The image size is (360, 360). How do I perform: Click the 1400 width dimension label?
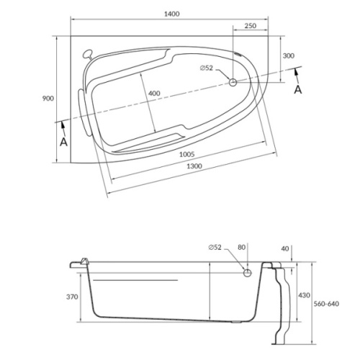pyautogui.click(x=171, y=14)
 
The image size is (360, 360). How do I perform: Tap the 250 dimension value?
pyautogui.click(x=251, y=26)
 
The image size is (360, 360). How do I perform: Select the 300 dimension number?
pyautogui.click(x=288, y=55)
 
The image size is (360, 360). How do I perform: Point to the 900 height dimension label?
pyautogui.click(x=48, y=99)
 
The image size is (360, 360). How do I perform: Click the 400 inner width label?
pyautogui.click(x=154, y=93)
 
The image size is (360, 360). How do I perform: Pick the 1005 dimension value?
pyautogui.click(x=187, y=154)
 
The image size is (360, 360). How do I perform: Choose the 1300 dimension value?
pyautogui.click(x=194, y=166)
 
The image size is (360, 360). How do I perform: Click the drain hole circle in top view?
pyautogui.click(x=233, y=83)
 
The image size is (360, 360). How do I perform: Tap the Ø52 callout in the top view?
pyautogui.click(x=207, y=68)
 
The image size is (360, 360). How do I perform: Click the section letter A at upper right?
pyautogui.click(x=298, y=90)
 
